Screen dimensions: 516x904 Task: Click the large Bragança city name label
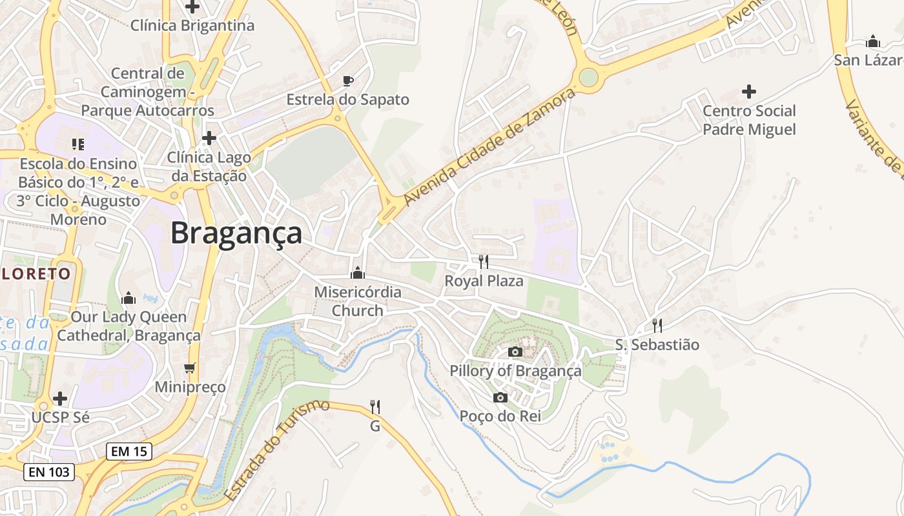tap(236, 233)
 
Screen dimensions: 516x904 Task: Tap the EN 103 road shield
tap(50, 472)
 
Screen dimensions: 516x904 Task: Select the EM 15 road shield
tap(129, 451)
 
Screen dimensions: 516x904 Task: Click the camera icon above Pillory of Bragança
tap(515, 352)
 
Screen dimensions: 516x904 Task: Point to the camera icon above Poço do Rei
tap(500, 397)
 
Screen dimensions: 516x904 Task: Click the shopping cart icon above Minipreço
tap(190, 368)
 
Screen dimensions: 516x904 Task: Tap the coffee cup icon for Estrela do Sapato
tap(348, 81)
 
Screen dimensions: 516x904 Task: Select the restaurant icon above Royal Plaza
tap(483, 261)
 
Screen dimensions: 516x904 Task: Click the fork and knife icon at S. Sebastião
tap(657, 325)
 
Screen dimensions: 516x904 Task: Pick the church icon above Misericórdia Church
tap(358, 273)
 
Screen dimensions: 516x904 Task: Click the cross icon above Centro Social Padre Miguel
tap(749, 92)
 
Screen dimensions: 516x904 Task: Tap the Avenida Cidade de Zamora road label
tap(489, 148)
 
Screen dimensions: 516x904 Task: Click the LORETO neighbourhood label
tap(36, 273)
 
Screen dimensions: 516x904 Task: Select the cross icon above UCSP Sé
tap(60, 399)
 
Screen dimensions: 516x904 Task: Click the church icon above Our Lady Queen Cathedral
tap(128, 298)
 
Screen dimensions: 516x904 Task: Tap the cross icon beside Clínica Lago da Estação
tap(209, 138)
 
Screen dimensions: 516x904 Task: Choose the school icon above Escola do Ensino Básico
tap(78, 144)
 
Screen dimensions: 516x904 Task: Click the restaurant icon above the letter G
tap(375, 406)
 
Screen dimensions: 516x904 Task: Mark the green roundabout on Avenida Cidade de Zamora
tap(588, 77)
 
